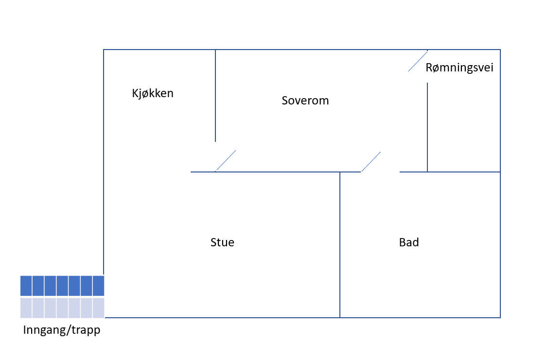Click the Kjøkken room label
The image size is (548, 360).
tap(153, 94)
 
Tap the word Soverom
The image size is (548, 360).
tap(305, 101)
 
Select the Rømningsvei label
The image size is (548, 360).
tap(459, 68)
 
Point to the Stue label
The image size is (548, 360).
tap(222, 242)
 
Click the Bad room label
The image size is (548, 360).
tap(409, 242)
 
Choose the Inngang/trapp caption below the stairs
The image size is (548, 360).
tap(61, 330)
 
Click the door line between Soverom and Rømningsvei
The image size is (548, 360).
tap(418, 61)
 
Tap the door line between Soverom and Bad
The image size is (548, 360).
tap(371, 162)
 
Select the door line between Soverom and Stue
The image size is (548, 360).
tap(226, 161)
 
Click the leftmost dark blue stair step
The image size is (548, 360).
tap(26, 286)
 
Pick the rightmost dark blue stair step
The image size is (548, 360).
tap(99, 286)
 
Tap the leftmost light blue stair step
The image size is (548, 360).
tap(26, 308)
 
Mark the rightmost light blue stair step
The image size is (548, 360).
tap(99, 308)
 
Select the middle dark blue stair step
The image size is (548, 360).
tap(62, 286)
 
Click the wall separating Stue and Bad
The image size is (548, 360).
tap(340, 245)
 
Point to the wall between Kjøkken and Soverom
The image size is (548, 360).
tap(215, 96)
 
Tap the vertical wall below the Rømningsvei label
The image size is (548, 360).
tap(427, 127)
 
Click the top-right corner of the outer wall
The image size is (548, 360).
tap(500, 50)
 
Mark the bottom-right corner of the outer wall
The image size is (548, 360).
tap(500, 317)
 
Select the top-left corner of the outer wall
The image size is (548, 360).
tap(104, 50)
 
